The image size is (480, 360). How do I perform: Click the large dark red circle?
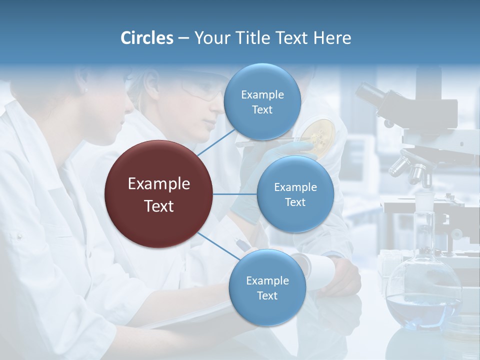click(159, 194)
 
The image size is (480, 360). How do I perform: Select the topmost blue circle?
click(262, 102)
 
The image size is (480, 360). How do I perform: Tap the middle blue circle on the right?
click(295, 194)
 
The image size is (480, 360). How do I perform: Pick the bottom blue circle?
click(267, 287)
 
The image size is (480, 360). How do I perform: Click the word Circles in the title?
click(146, 38)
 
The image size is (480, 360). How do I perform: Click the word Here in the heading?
click(332, 38)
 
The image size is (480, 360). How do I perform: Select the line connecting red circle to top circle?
click(216, 142)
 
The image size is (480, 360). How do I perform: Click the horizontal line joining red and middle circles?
click(235, 194)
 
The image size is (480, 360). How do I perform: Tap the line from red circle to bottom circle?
click(218, 247)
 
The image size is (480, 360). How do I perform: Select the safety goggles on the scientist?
click(202, 90)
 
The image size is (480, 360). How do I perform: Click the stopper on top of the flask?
click(424, 202)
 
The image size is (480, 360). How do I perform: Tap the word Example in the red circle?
click(159, 183)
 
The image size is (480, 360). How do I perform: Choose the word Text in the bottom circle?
click(267, 295)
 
